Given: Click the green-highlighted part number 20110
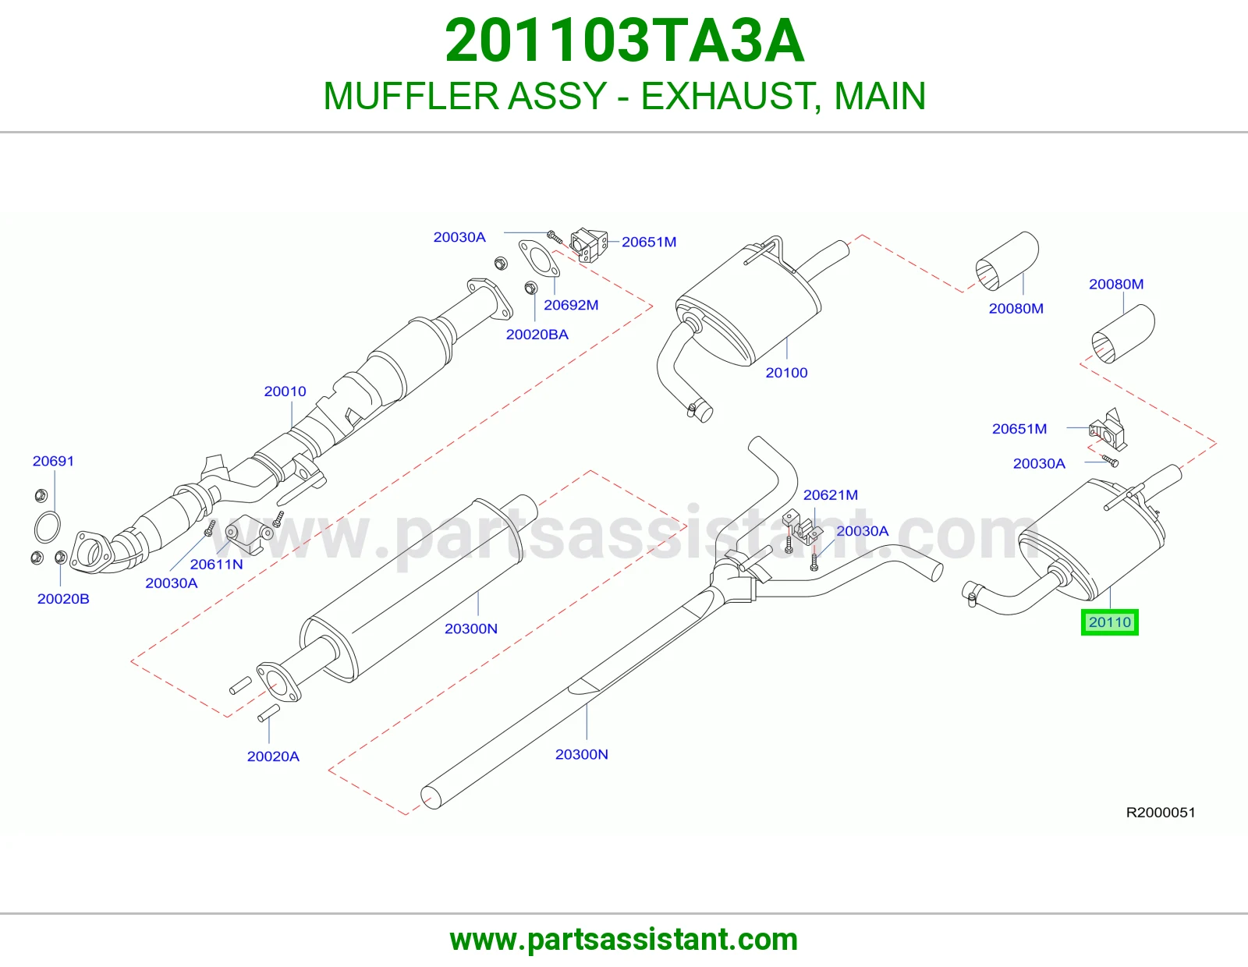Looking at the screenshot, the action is (1109, 622).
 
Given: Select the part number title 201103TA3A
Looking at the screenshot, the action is (624, 41).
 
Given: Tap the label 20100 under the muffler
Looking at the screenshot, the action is (786, 373).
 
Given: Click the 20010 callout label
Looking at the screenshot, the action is (285, 391).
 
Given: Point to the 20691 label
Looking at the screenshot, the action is (53, 461).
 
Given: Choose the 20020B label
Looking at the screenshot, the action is (63, 598).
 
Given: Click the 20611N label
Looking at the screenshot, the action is (217, 564).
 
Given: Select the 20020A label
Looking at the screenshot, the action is (273, 756).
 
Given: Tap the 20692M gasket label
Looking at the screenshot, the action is (571, 305).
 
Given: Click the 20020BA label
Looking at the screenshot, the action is (537, 335).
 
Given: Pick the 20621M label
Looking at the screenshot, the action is (831, 494).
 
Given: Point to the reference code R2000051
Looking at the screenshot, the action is (1160, 812).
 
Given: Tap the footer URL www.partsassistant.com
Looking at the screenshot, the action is (624, 940).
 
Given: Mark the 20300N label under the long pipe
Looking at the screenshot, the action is (581, 754).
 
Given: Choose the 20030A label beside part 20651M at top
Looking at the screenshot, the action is (459, 236).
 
